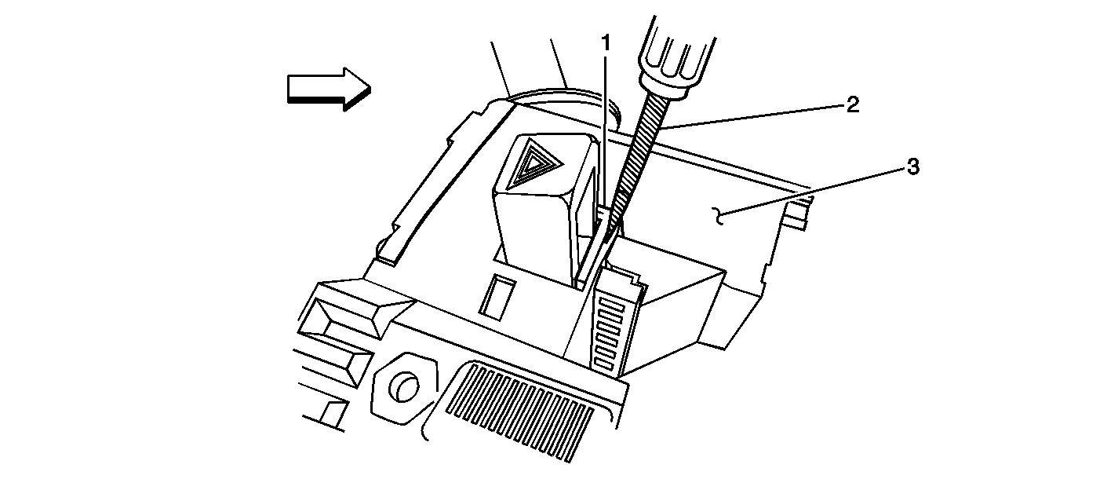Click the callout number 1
(606, 44)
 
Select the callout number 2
(852, 105)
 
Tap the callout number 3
(913, 166)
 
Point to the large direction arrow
(329, 89)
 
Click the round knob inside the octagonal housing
(406, 386)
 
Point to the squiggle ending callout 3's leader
(718, 216)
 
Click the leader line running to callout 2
(753, 117)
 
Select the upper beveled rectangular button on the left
(355, 309)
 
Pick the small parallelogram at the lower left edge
(333, 413)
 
